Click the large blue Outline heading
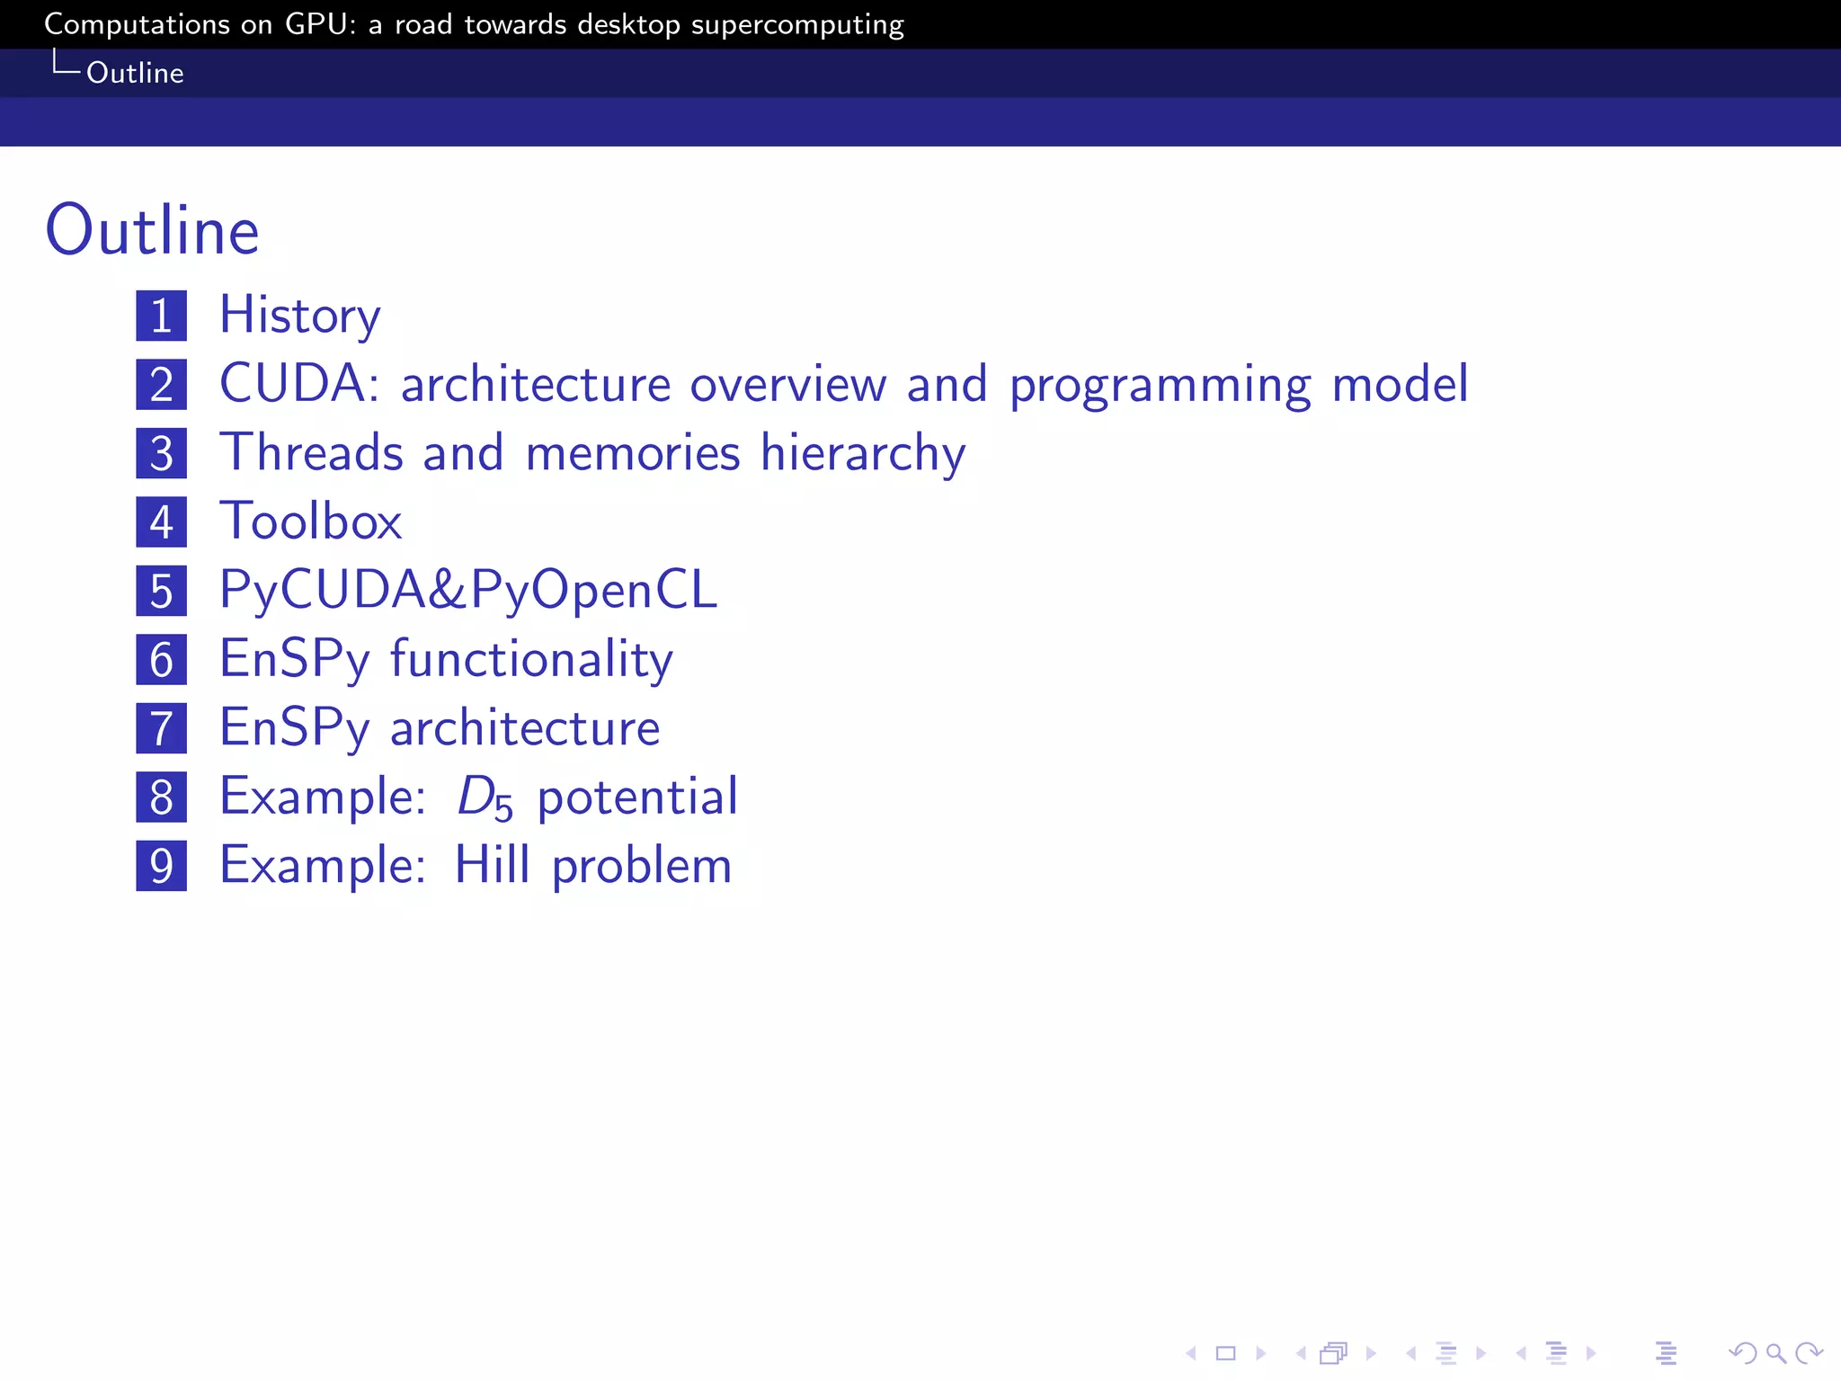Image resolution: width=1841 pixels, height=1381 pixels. pos(152,231)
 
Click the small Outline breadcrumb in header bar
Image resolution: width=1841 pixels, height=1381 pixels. pos(135,73)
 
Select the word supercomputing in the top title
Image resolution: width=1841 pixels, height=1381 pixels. pos(797,25)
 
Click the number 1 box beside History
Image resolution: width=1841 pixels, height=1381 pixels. pos(162,316)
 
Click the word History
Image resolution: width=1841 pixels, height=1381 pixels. pos(300,316)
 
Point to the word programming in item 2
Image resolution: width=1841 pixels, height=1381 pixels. pos(1160,386)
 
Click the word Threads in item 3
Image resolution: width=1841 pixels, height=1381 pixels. pos(311,452)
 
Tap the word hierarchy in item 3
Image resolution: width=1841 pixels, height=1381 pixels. pos(863,453)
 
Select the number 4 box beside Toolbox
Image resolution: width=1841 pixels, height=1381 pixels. pos(162,522)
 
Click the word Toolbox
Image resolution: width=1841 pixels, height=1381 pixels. pos(311,521)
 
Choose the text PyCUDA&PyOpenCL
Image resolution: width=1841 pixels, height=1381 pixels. pos(468,591)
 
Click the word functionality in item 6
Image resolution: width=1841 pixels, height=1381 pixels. pos(531,660)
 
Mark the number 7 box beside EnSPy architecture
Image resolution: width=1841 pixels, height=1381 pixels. pos(162,728)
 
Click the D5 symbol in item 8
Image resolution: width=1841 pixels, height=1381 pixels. pos(485,797)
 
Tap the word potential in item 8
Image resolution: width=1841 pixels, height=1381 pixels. pos(637,797)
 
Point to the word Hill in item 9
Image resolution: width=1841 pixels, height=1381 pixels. pos(492,866)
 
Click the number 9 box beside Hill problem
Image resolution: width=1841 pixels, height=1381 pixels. pos(162,866)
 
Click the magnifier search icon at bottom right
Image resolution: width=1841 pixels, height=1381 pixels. pos(1775,1353)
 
